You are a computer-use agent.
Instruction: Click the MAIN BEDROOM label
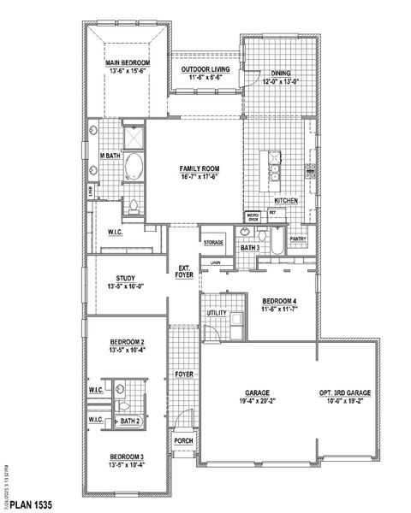pos(128,63)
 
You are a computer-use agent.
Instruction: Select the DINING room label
pos(282,73)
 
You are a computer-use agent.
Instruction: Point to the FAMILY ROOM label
pos(200,168)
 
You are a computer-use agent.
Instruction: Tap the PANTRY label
pos(298,239)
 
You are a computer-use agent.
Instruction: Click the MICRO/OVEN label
pos(253,217)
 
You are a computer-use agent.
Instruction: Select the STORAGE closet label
pos(213,243)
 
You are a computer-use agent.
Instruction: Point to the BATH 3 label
pos(250,248)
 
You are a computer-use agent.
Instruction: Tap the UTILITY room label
pos(216,314)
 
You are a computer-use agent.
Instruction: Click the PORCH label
pos(183,441)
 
